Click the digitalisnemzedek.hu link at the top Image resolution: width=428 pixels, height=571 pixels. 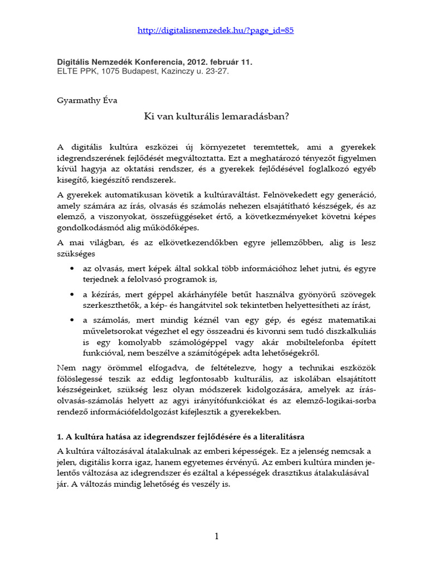(216, 31)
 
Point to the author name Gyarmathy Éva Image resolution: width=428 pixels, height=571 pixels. (88, 100)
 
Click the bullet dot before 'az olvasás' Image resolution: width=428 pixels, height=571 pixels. (72, 268)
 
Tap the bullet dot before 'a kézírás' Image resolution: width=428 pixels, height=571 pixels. (72, 293)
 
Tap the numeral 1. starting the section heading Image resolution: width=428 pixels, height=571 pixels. (60, 435)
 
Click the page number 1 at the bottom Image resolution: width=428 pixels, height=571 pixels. (216, 536)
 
